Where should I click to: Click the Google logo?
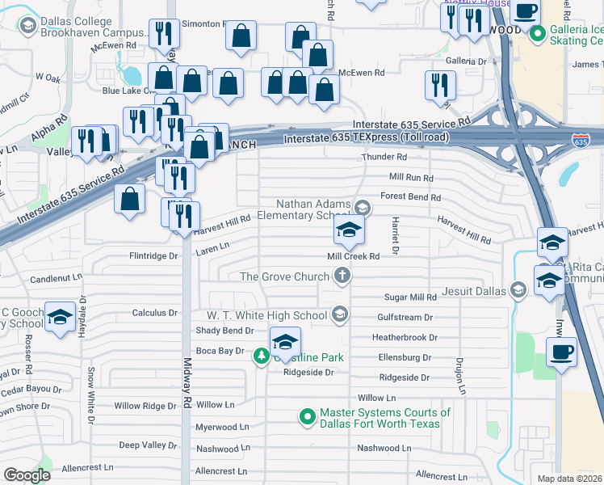(27, 475)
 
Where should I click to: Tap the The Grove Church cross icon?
(343, 276)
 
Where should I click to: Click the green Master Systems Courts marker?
(307, 416)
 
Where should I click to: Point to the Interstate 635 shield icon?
(581, 141)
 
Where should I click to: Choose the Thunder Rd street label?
(384, 157)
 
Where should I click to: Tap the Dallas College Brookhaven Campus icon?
(28, 26)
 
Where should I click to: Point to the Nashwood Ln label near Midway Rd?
(222, 448)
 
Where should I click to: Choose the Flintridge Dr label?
(153, 256)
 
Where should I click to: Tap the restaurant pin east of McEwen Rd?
(440, 85)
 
